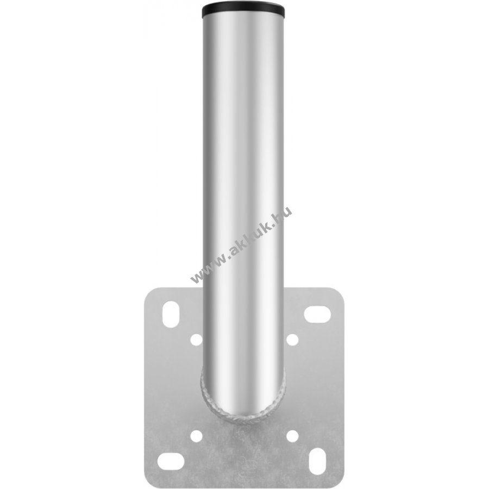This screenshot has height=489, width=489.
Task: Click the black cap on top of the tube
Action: click(x=243, y=11)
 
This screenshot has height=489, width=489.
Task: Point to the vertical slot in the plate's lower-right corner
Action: click(x=317, y=461)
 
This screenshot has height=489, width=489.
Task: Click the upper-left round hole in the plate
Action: click(x=197, y=340)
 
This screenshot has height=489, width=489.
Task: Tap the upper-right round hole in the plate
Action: click(x=292, y=340)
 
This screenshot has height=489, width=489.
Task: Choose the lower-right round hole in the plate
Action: click(x=292, y=435)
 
